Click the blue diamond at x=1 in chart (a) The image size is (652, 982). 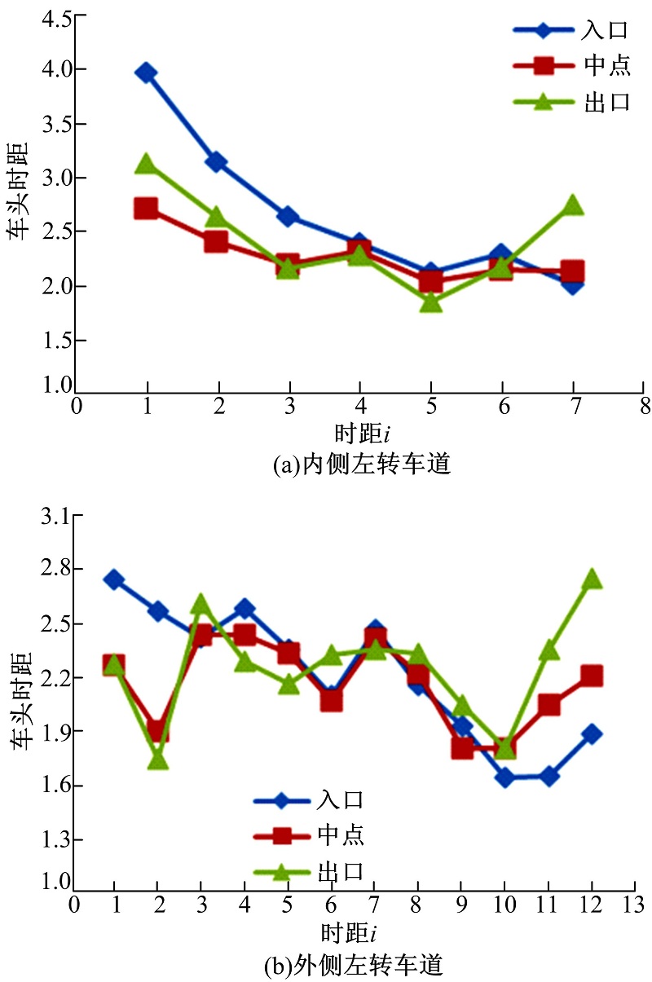147,73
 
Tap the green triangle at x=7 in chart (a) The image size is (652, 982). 573,205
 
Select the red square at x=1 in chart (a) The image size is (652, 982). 147,208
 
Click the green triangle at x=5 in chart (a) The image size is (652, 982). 431,302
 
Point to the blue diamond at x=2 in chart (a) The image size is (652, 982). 217,161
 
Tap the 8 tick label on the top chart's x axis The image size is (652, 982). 645,405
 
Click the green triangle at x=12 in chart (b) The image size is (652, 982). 592,579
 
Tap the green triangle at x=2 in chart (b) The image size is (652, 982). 158,760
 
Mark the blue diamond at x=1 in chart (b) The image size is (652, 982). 114,579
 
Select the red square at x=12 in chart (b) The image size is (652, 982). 592,675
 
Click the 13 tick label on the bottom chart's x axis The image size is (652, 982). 633,905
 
